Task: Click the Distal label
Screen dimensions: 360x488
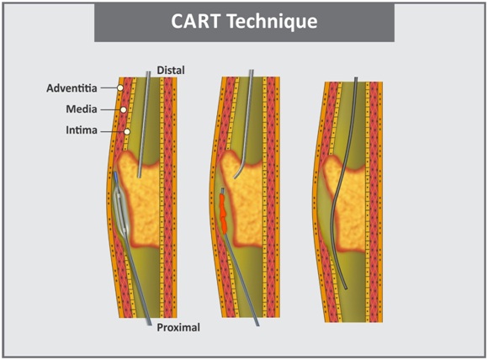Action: pos(170,71)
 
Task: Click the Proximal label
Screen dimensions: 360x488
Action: pos(178,326)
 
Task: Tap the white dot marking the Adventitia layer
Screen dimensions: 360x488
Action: pos(120,87)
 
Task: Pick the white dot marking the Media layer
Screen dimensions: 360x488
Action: pos(124,109)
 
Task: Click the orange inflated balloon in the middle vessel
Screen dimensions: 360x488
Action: pos(224,211)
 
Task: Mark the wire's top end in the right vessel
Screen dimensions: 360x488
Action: pos(356,79)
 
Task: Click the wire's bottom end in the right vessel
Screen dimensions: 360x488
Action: pos(346,289)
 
